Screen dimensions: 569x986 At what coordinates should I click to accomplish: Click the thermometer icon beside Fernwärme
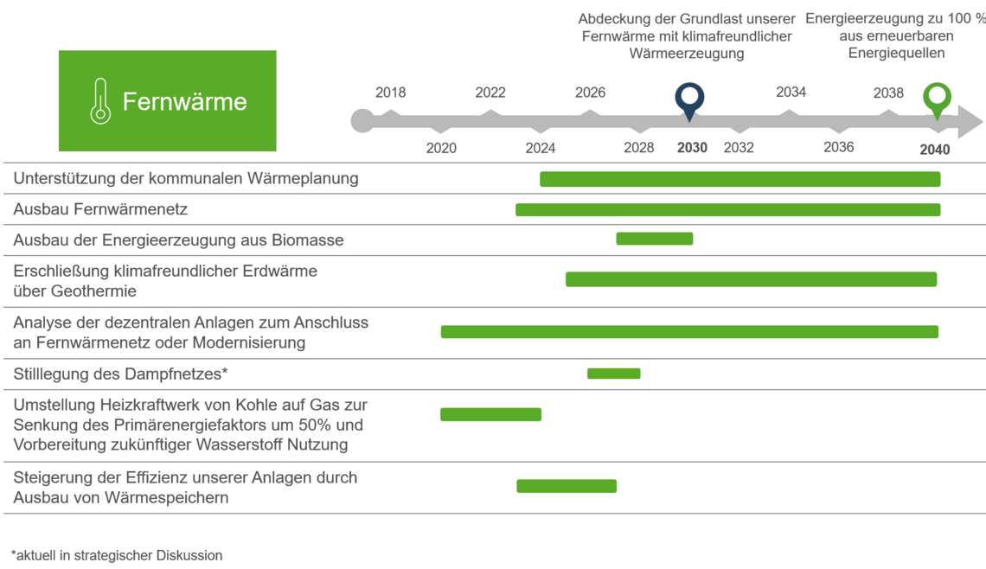100,101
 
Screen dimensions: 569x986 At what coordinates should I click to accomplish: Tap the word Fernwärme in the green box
184,101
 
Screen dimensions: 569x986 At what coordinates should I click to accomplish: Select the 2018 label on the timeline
390,93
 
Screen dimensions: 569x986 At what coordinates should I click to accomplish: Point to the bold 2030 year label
692,148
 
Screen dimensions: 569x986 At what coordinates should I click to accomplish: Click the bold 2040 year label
934,150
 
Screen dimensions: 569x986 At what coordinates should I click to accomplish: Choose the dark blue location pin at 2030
689,99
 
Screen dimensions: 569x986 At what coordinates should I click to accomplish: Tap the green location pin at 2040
937,98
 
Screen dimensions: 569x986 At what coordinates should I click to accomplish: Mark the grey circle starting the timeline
362,121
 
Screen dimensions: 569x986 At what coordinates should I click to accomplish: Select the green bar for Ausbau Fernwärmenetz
727,209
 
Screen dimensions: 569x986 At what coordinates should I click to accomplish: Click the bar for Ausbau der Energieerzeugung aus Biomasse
654,239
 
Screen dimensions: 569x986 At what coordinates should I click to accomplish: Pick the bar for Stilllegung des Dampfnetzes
613,374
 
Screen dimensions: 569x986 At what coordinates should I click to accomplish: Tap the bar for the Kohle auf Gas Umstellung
490,414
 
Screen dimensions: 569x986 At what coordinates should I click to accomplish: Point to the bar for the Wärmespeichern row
567,486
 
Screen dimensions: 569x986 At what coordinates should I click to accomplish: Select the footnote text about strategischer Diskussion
117,555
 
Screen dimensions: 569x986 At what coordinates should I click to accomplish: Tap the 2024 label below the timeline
541,148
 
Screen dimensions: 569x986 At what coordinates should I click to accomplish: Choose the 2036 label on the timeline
838,147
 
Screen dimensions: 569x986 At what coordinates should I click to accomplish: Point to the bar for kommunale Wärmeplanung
739,179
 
